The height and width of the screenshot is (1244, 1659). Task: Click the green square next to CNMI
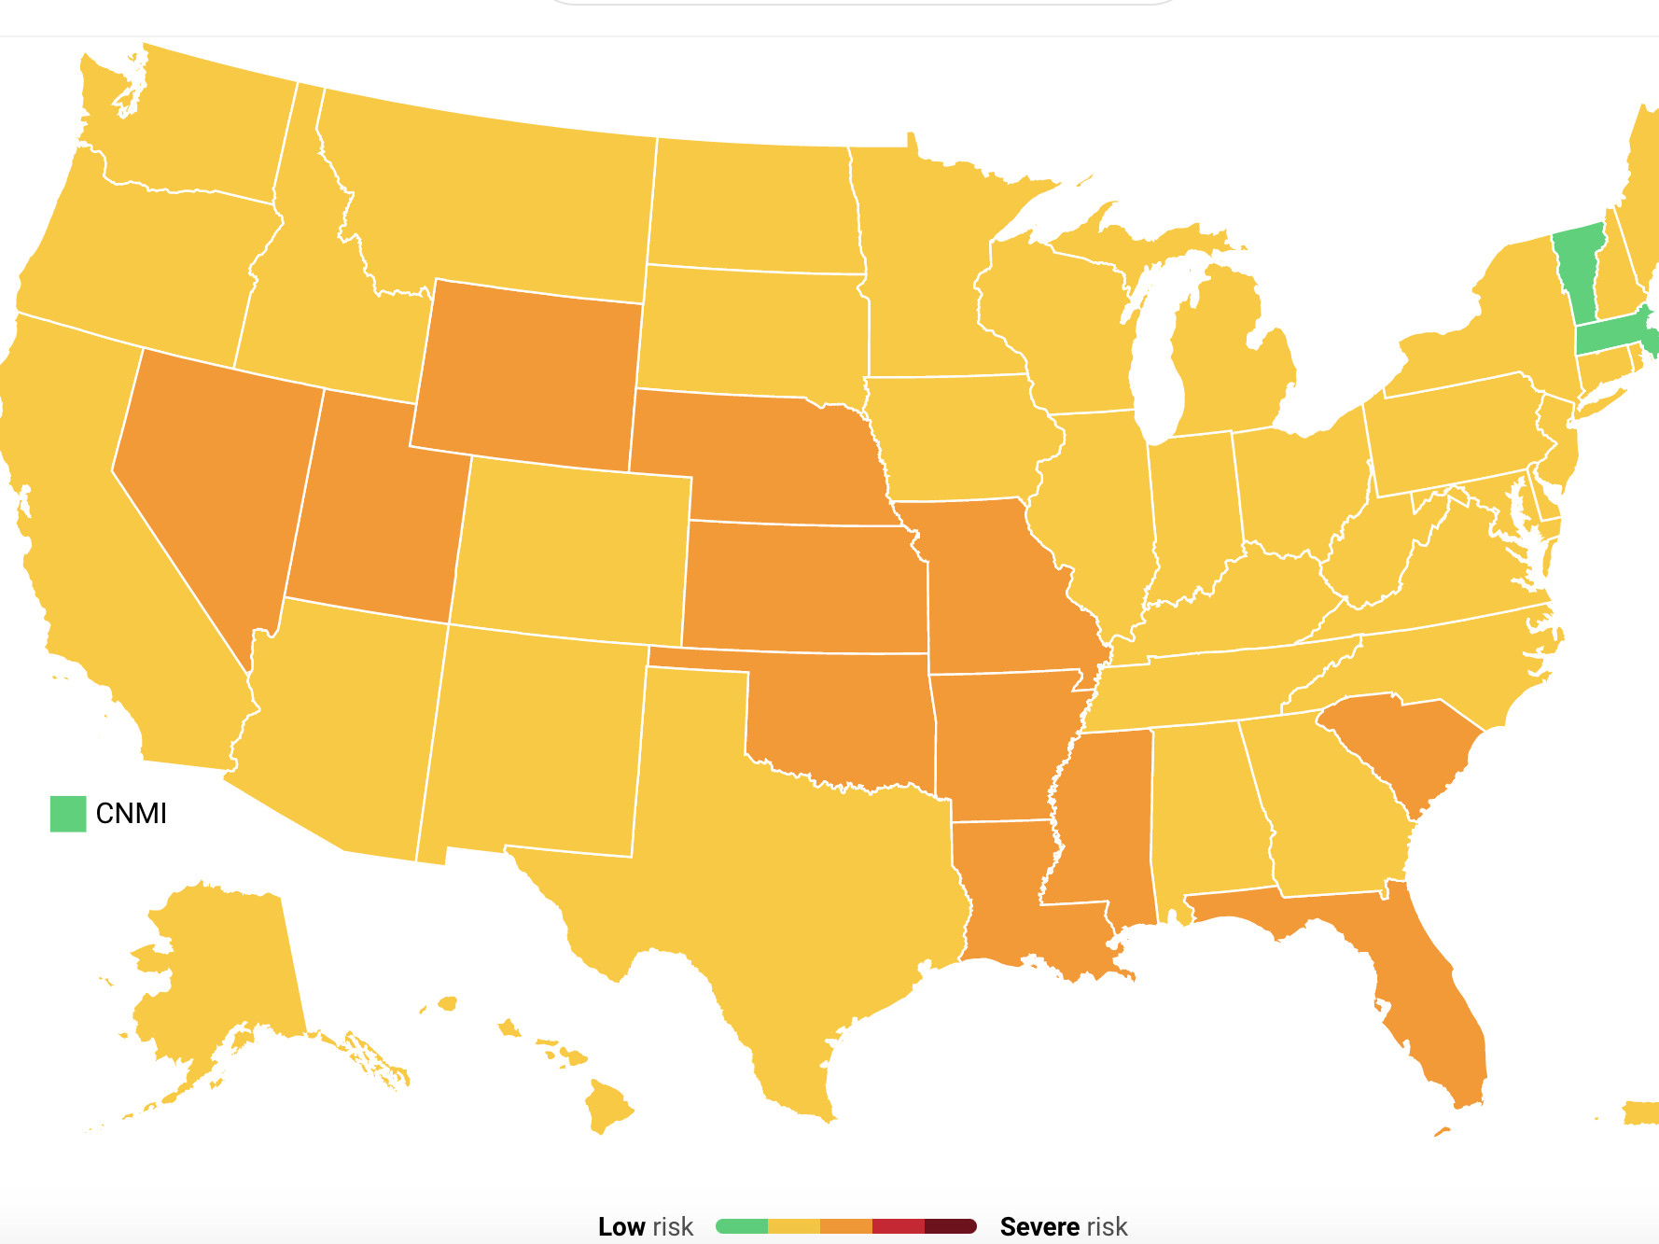click(x=68, y=814)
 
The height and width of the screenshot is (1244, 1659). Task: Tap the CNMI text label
click(x=132, y=814)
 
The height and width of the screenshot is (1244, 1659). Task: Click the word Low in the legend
click(x=621, y=1226)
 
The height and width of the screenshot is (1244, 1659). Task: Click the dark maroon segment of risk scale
click(x=950, y=1226)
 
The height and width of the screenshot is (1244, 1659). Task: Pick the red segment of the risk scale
click(x=898, y=1226)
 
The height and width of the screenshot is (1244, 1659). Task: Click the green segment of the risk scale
click(x=743, y=1226)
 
